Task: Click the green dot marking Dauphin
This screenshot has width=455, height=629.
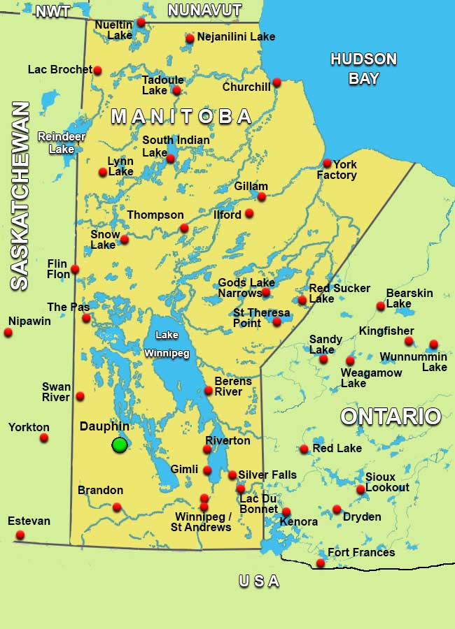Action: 120,444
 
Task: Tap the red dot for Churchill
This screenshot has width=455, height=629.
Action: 276,82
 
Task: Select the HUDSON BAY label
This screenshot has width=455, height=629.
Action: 363,68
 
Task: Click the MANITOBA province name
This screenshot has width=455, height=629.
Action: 181,116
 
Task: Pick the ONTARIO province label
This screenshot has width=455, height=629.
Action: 391,417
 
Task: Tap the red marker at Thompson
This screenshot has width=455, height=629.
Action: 184,228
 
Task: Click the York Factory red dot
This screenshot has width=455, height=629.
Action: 327,164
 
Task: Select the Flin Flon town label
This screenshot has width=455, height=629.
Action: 58,268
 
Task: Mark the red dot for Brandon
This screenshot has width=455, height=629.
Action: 117,507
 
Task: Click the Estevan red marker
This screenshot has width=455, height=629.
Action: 20,535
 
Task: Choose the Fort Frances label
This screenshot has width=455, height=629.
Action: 361,553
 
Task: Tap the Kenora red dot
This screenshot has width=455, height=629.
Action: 286,512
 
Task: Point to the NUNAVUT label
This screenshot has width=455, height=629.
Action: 204,10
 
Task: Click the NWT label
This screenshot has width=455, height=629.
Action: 52,12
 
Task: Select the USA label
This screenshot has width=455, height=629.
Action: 259,581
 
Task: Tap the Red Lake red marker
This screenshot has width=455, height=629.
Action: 304,449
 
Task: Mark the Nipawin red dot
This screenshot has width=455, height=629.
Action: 8,332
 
